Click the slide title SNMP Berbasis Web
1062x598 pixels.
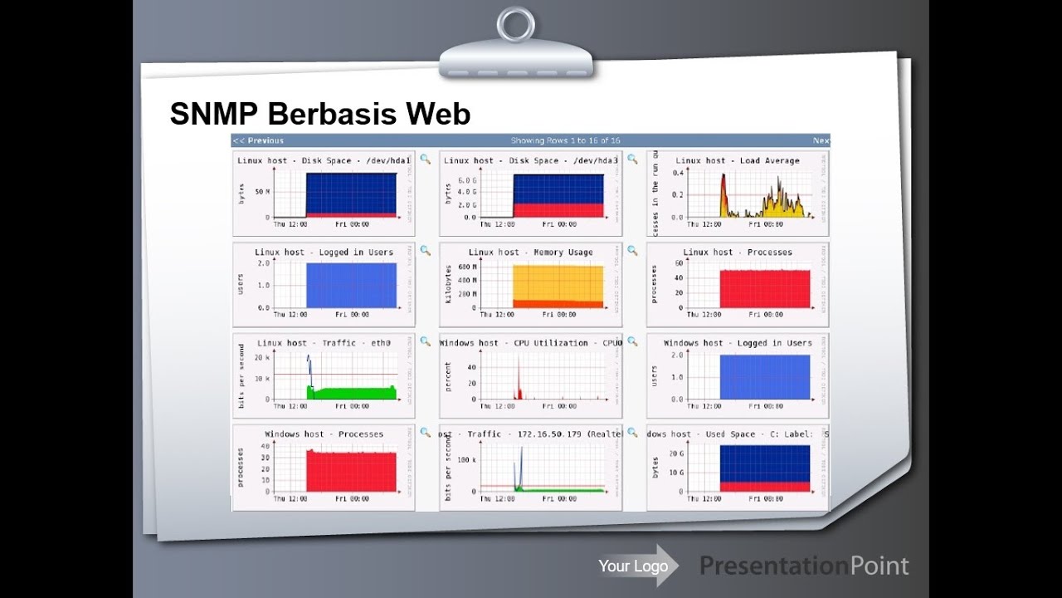[319, 114]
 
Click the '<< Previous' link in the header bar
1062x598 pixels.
[258, 141]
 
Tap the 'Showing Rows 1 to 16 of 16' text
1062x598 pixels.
[565, 141]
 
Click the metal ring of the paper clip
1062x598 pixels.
[515, 24]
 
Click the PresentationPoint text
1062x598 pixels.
[804, 566]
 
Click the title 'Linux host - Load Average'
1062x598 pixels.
[737, 161]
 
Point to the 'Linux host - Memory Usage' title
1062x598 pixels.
[530, 252]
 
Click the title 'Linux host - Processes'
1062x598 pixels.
[737, 252]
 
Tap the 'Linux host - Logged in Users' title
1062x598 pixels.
[324, 252]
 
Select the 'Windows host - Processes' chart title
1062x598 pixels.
[324, 434]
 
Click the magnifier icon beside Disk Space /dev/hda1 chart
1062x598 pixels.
[425, 159]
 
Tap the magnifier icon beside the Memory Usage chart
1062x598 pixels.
[632, 250]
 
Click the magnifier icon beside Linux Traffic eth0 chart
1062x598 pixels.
[425, 341]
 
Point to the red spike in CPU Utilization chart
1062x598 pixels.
[519, 386]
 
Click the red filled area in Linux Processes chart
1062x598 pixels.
[764, 289]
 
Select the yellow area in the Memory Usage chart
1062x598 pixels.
[558, 282]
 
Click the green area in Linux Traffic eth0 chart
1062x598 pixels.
[353, 393]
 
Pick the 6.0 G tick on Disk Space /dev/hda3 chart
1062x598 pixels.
[467, 180]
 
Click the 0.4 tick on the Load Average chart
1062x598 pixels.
[678, 173]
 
